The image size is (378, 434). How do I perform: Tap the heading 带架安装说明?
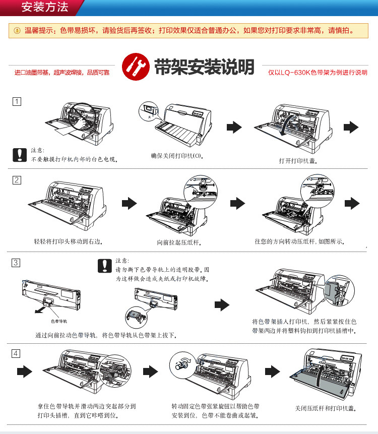coord(204,67)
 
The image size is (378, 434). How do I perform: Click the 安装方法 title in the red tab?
coord(45,7)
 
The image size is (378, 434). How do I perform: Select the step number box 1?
coord(17,102)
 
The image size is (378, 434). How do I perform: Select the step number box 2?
coord(17,180)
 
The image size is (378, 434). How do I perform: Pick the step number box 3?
coord(17,262)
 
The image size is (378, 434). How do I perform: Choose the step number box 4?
coord(17,353)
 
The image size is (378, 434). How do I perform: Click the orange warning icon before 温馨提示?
coord(17,30)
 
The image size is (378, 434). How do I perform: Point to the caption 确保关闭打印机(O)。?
coord(177,156)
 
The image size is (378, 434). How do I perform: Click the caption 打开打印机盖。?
coord(298,161)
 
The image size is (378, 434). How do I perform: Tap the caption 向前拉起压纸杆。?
coord(179,242)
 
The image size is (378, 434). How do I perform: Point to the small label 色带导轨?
coord(59,321)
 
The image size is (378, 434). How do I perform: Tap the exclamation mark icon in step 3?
coord(104,265)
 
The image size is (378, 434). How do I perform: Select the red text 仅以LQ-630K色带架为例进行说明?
coord(318,73)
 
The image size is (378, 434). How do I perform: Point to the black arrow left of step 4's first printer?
coord(24,372)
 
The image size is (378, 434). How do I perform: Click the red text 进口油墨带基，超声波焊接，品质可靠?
coord(61,73)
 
